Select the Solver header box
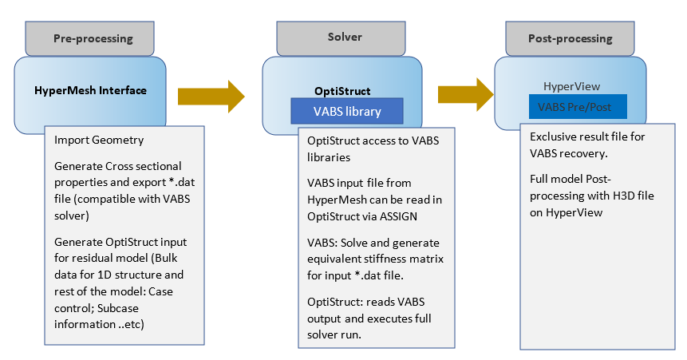[x=344, y=38]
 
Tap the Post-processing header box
[x=570, y=38]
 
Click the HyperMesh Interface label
[x=90, y=90]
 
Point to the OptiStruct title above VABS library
[x=342, y=91]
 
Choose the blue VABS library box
[x=345, y=111]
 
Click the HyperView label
[x=571, y=86]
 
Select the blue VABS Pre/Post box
[x=577, y=106]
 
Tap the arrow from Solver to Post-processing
[x=463, y=93]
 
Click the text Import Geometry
[x=99, y=140]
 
